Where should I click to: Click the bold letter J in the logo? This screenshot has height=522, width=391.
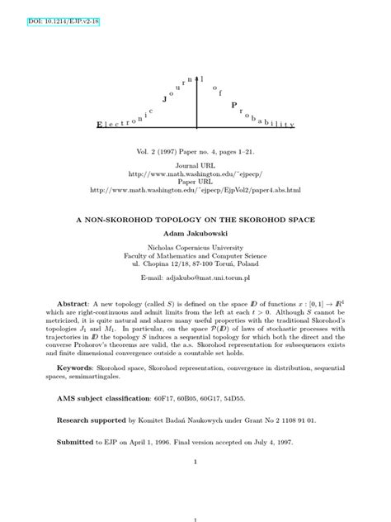click(166, 98)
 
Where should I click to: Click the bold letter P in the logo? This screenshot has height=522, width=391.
click(234, 105)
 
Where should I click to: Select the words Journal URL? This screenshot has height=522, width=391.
click(195, 166)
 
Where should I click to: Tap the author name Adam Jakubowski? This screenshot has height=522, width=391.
click(195, 235)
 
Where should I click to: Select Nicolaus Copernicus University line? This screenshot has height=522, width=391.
click(195, 249)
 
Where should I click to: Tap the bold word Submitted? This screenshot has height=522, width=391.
click(75, 442)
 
